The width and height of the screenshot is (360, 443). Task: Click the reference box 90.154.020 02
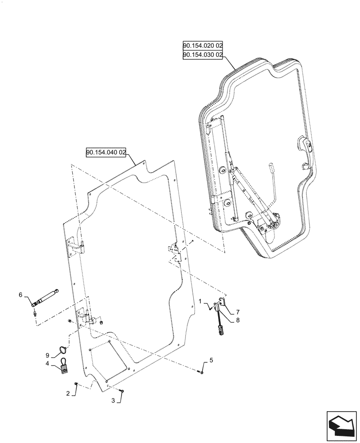203,46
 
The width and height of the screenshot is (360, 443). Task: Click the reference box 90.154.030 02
203,54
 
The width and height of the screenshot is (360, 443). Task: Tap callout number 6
20,294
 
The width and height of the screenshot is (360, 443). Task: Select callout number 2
68,393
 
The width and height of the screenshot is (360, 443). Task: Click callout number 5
211,361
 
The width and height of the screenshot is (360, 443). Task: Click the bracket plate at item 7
222,302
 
